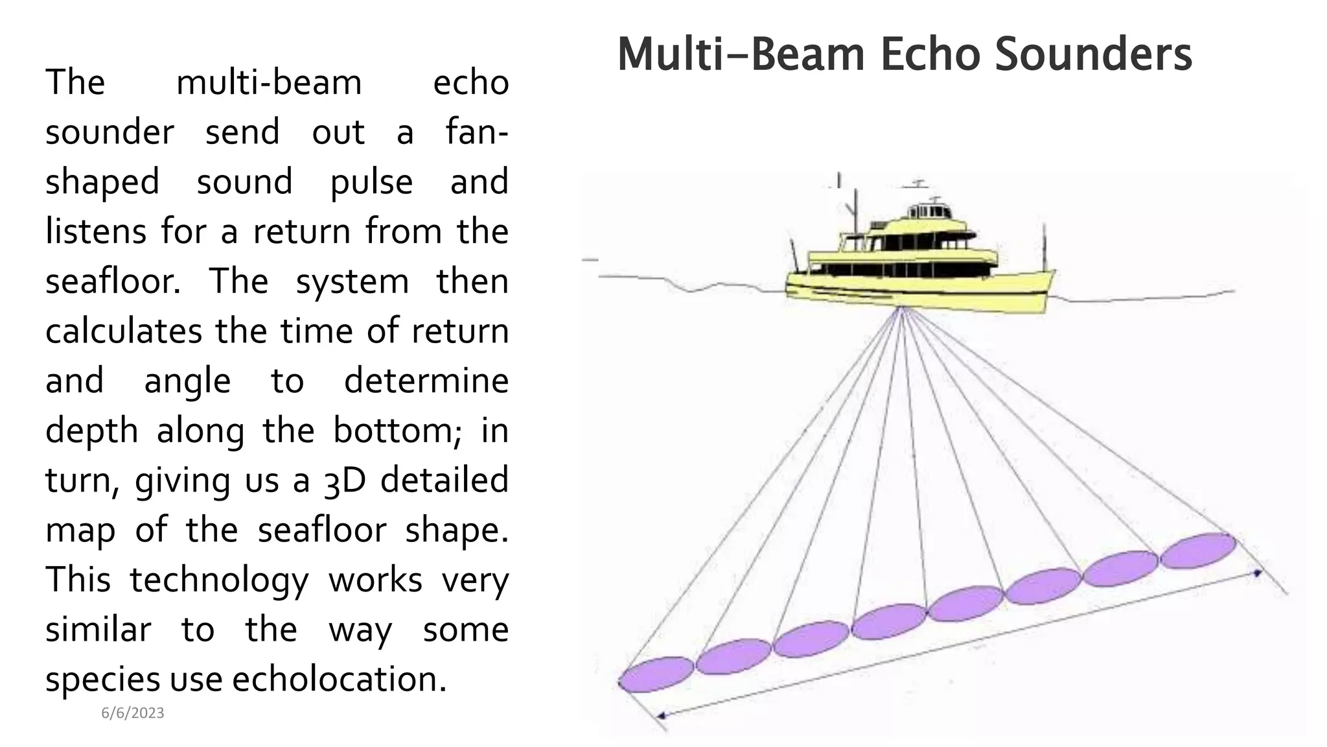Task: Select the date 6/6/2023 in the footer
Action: [x=133, y=713]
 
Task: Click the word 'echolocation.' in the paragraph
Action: [x=340, y=680]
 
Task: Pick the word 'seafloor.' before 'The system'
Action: [x=113, y=282]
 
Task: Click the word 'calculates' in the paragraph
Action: [x=124, y=331]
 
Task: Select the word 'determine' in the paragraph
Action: [x=426, y=381]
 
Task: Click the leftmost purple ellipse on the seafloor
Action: [x=656, y=674]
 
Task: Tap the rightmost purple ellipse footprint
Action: [x=1198, y=551]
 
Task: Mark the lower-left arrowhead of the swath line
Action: [x=661, y=716]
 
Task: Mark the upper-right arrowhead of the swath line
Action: [x=1258, y=573]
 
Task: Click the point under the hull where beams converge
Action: [x=901, y=309]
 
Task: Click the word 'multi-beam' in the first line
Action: [x=269, y=83]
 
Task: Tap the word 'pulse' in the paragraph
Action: [x=371, y=182]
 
